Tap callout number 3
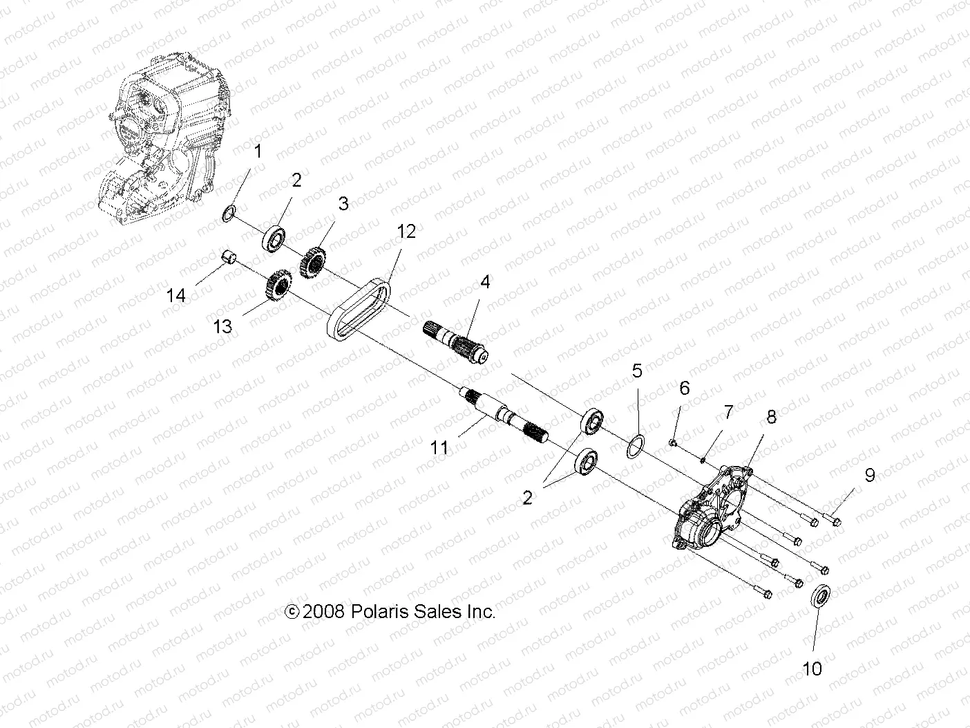point(343,204)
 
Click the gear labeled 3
point(314,262)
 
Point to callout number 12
point(406,232)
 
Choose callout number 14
point(176,295)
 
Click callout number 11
point(439,448)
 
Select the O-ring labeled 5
point(637,446)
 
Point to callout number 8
point(771,416)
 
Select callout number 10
point(812,669)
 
